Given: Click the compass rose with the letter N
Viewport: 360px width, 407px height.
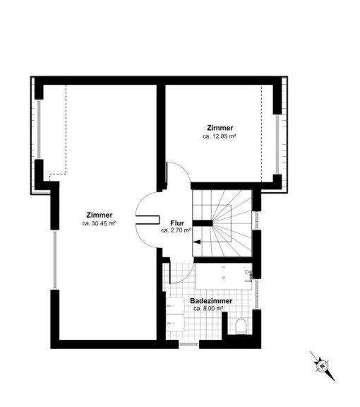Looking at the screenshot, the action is tap(323, 366).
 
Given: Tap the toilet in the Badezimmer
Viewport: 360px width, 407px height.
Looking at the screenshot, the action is tap(241, 326).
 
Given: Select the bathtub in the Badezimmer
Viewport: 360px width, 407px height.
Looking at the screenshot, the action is tap(224, 276).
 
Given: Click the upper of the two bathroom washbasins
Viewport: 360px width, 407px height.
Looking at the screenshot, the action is tap(174, 306).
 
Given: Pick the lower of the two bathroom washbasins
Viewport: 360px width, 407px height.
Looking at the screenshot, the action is tap(174, 323).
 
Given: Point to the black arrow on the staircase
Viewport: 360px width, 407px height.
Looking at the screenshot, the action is tap(197, 242).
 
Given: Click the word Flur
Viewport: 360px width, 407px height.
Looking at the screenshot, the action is tap(177, 223).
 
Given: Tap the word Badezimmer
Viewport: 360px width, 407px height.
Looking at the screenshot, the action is tap(211, 301).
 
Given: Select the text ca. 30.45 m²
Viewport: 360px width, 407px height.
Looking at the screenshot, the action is tap(99, 223).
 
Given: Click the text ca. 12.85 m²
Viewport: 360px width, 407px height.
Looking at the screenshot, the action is tap(219, 136).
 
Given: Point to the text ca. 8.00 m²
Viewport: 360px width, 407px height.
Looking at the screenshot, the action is tap(208, 309).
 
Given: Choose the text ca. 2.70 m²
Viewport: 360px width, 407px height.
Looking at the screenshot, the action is tap(176, 230).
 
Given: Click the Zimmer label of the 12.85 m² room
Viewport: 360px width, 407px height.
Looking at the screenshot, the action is tap(220, 128).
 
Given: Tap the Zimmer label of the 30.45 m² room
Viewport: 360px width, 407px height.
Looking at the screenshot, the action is tap(100, 216).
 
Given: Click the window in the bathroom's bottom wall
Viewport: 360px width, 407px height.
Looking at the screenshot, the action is tap(188, 344).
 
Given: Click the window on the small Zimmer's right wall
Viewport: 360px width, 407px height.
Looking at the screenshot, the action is tap(277, 144).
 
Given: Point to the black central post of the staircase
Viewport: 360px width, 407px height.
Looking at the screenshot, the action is tap(203, 223).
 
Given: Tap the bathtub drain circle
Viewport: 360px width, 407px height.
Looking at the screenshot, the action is tap(224, 278).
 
